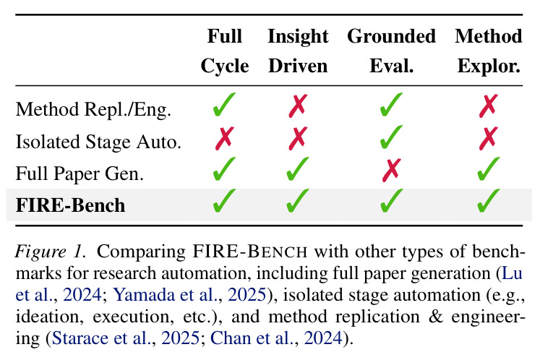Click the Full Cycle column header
pyautogui.click(x=225, y=51)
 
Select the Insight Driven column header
pyautogui.click(x=298, y=51)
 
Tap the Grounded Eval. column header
pyautogui.click(x=391, y=51)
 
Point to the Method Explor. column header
pyautogui.click(x=489, y=51)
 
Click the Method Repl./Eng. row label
pyautogui.click(x=93, y=110)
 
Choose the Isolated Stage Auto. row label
pyautogui.click(x=98, y=142)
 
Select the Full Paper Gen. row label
pyautogui.click(x=80, y=173)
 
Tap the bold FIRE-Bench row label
pyautogui.click(x=70, y=205)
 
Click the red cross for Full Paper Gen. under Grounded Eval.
pyautogui.click(x=392, y=170)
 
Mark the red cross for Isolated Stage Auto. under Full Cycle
pyautogui.click(x=225, y=139)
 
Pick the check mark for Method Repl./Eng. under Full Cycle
pyautogui.click(x=224, y=104)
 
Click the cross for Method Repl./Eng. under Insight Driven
pyautogui.click(x=298, y=106)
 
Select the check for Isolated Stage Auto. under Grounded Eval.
pyautogui.click(x=391, y=137)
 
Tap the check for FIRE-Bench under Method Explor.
pyautogui.click(x=489, y=200)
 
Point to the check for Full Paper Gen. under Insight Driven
pyautogui.click(x=298, y=169)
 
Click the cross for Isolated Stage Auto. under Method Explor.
pyautogui.click(x=489, y=139)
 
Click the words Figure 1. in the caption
pyautogui.click(x=51, y=252)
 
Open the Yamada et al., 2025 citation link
pyautogui.click(x=189, y=295)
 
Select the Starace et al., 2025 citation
pyautogui.click(x=125, y=338)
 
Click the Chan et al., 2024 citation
pyautogui.click(x=277, y=338)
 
